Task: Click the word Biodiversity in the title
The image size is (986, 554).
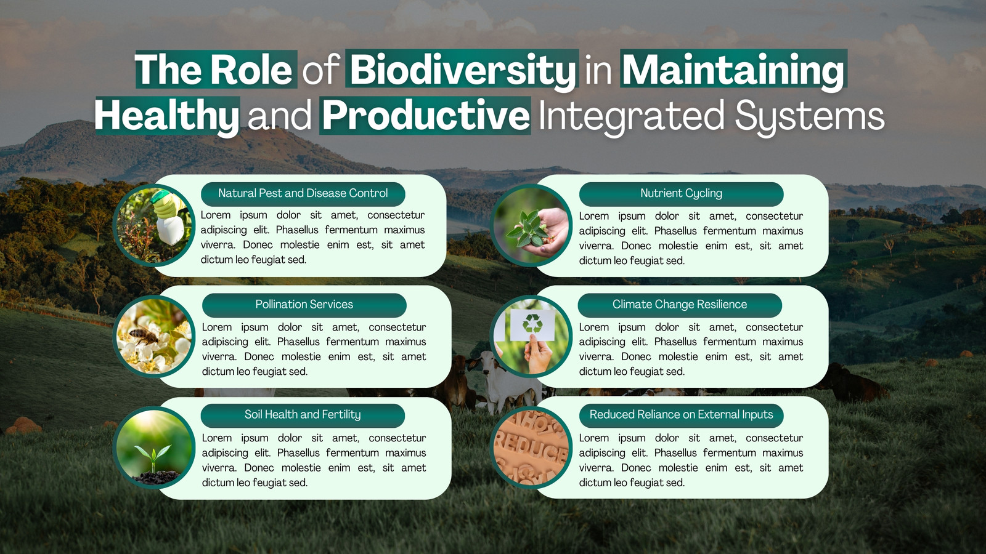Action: click(x=462, y=70)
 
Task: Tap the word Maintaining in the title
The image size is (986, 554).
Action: click(x=734, y=70)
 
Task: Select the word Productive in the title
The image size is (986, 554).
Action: click(x=426, y=116)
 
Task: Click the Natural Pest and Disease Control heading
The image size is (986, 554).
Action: click(x=303, y=193)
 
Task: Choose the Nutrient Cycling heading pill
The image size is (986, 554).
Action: click(x=681, y=193)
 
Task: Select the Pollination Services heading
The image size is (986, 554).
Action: click(x=304, y=305)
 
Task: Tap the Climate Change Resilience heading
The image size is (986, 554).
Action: click(x=680, y=305)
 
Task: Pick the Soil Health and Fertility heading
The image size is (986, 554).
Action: click(x=303, y=415)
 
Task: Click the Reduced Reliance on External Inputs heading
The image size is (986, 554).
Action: click(x=681, y=415)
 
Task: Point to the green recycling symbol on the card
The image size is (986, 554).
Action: click(x=532, y=323)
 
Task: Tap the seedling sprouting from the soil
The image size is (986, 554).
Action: click(x=152, y=458)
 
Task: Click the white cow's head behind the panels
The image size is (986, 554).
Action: click(x=486, y=364)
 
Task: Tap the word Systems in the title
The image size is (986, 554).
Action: click(x=810, y=116)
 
